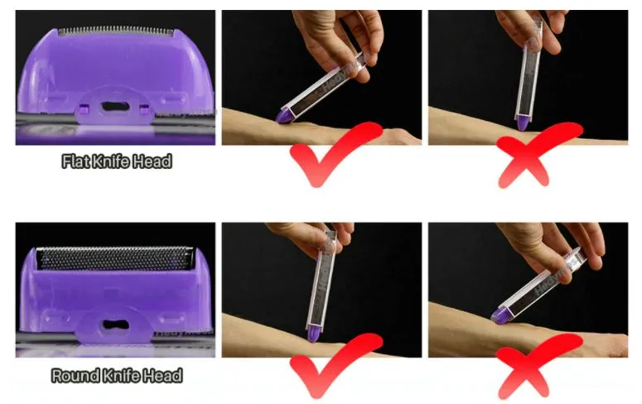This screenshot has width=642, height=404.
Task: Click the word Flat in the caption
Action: tap(75, 161)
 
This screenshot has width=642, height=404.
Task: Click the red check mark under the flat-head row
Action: tap(334, 153)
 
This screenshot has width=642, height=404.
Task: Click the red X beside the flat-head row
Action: tap(536, 156)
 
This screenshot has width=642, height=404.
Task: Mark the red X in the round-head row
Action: tap(537, 367)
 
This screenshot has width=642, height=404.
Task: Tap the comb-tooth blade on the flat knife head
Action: tap(115, 31)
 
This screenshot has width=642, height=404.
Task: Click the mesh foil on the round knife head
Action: tap(114, 258)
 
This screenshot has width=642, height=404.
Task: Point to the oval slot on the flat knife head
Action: tap(115, 108)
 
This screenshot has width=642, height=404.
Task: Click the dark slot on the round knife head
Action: tap(115, 325)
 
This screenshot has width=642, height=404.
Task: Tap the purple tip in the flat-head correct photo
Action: tap(284, 115)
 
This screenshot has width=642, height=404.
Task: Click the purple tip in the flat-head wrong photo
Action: tap(522, 123)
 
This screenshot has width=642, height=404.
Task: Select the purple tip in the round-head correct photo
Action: tap(313, 334)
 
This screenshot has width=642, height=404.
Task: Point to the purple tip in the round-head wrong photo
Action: tap(500, 315)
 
